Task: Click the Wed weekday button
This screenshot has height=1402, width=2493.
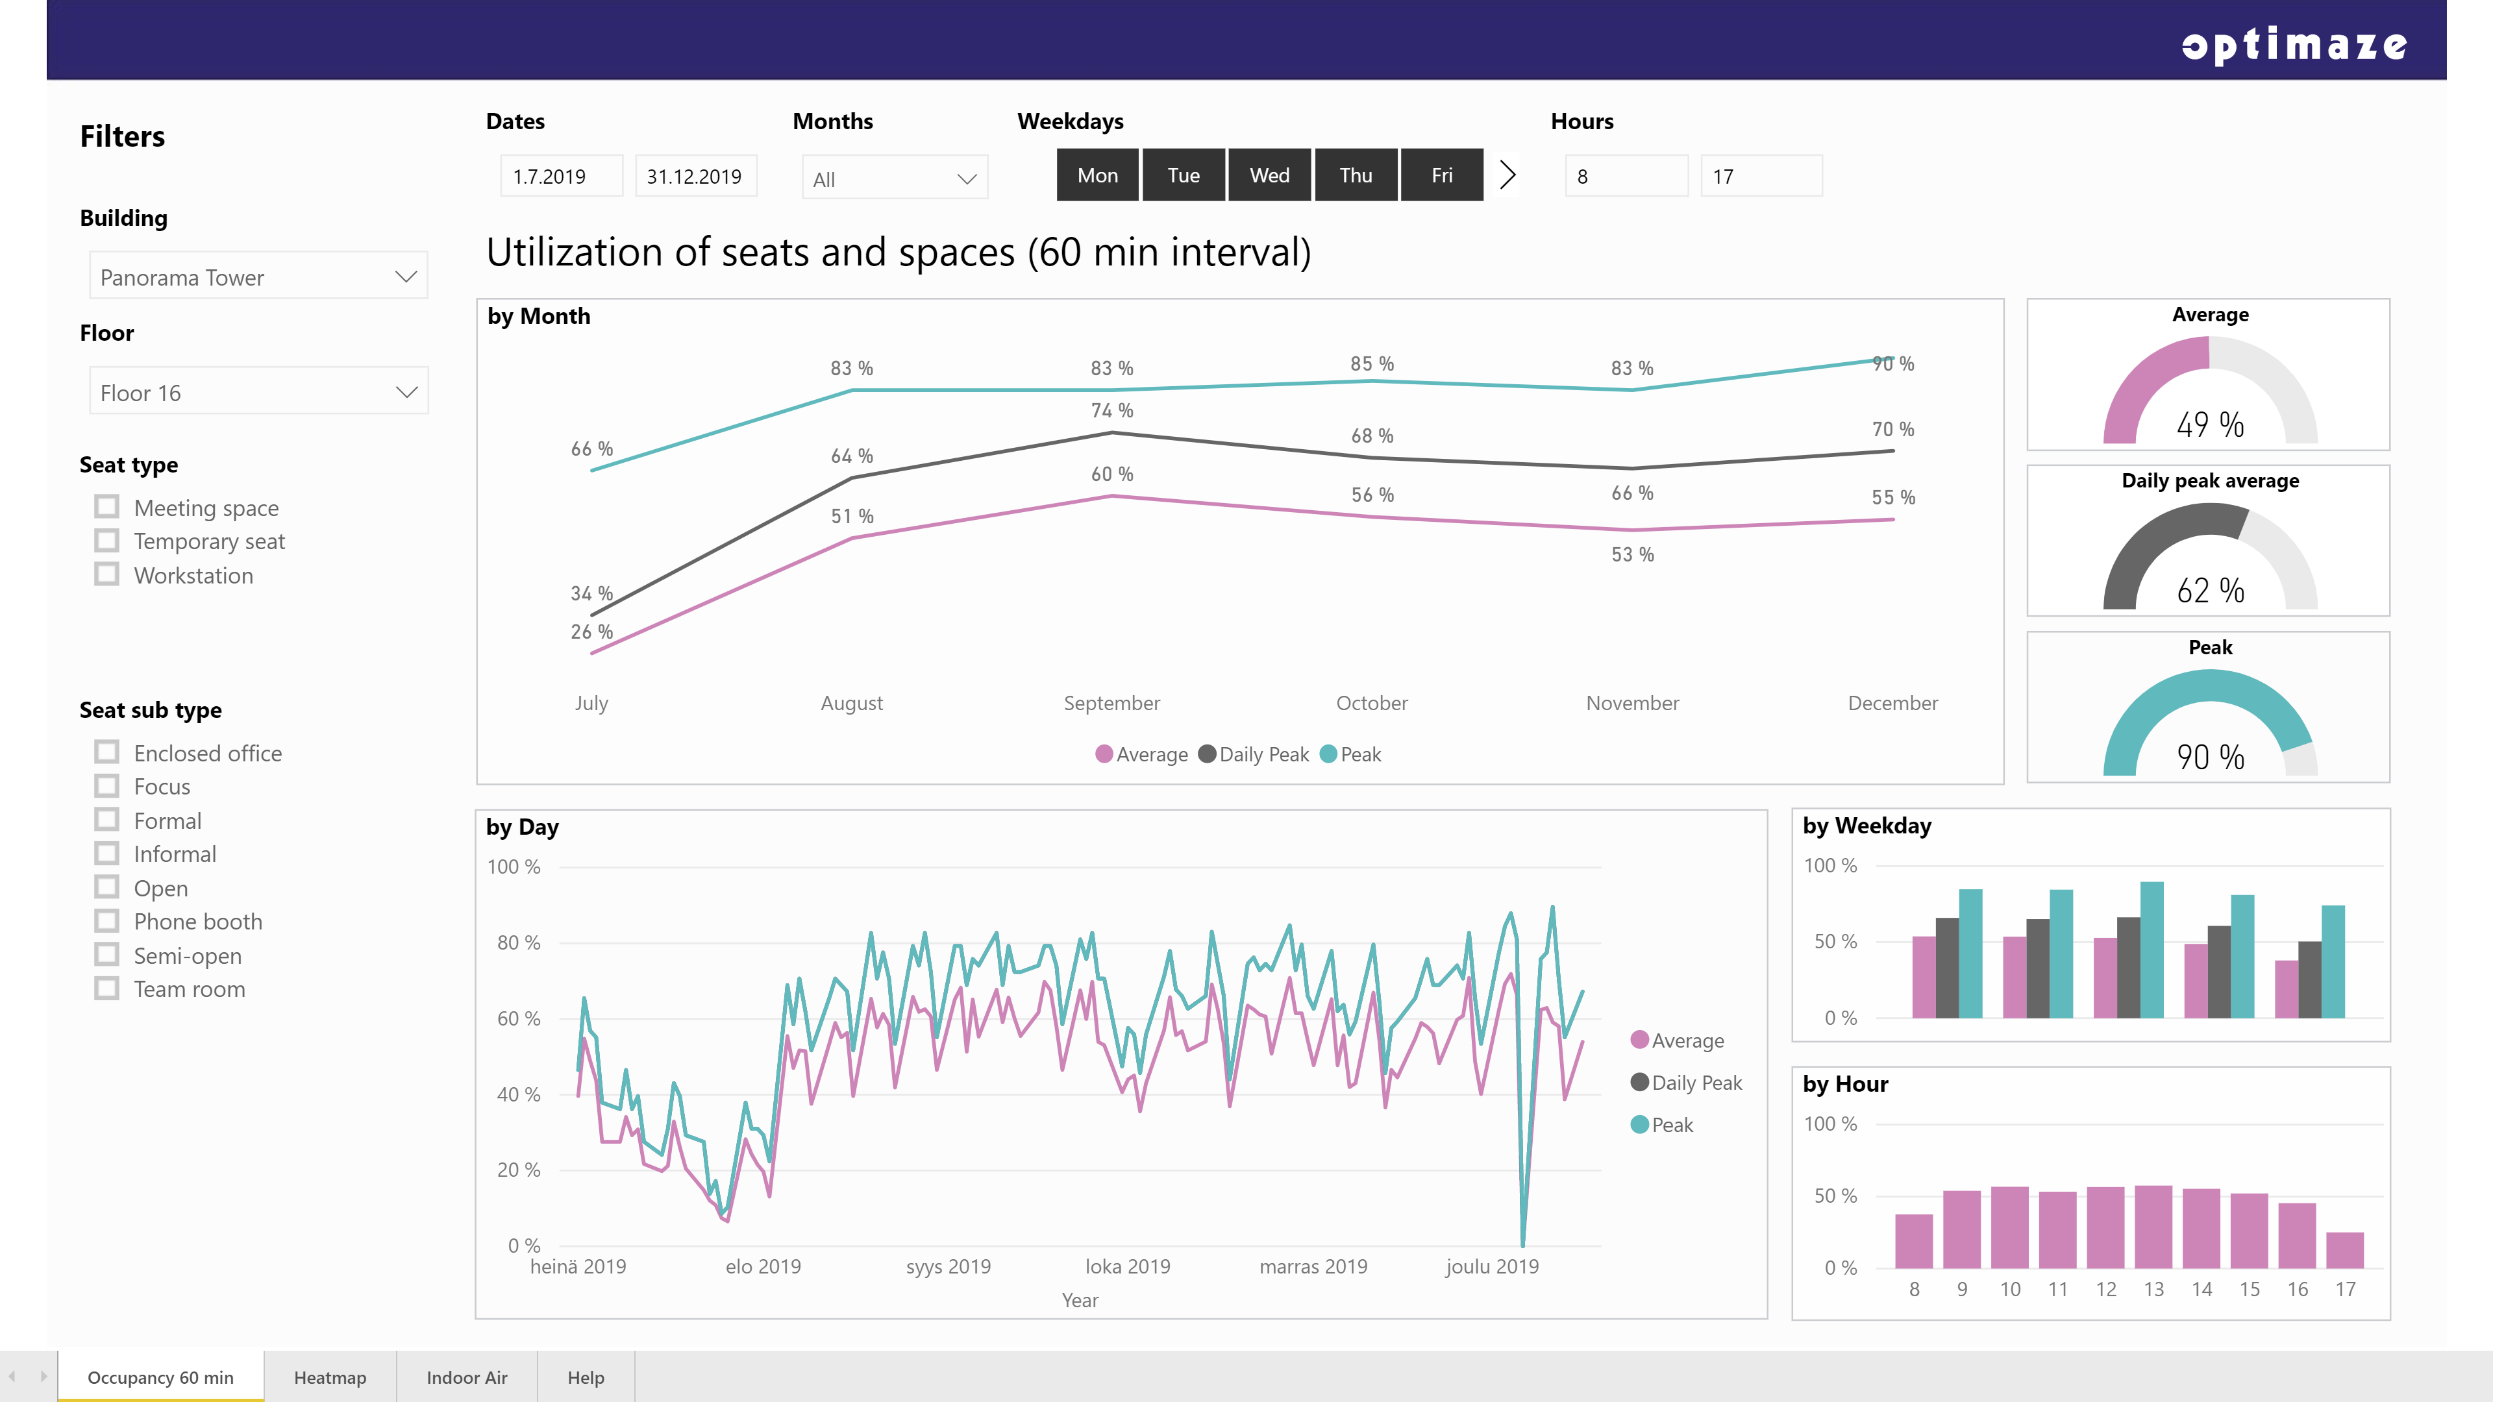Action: tap(1269, 175)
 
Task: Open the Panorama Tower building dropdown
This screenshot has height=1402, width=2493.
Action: tap(258, 277)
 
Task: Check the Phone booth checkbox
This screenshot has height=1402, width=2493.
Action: tap(106, 921)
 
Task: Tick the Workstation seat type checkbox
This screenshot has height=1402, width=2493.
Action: tap(106, 574)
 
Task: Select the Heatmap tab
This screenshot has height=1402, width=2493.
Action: tap(330, 1377)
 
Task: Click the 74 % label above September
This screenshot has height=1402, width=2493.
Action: tap(1112, 410)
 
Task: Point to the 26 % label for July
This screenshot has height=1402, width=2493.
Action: tap(591, 632)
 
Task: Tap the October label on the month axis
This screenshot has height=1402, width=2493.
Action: tap(1371, 704)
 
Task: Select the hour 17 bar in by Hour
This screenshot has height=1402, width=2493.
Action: tap(2345, 1250)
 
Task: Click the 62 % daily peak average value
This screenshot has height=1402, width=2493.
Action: tap(2211, 590)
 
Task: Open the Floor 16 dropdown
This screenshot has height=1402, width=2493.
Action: tap(258, 392)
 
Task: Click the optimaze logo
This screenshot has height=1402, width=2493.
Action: tap(2294, 45)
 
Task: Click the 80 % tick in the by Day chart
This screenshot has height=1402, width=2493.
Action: tap(519, 942)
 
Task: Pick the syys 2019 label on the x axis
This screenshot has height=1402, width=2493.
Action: tap(949, 1266)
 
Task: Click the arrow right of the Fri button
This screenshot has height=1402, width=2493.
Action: tap(1507, 175)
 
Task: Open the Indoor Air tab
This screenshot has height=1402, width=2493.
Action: tap(467, 1377)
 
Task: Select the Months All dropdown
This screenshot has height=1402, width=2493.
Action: tap(894, 178)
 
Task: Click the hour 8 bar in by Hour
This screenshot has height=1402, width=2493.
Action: tap(1913, 1242)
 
